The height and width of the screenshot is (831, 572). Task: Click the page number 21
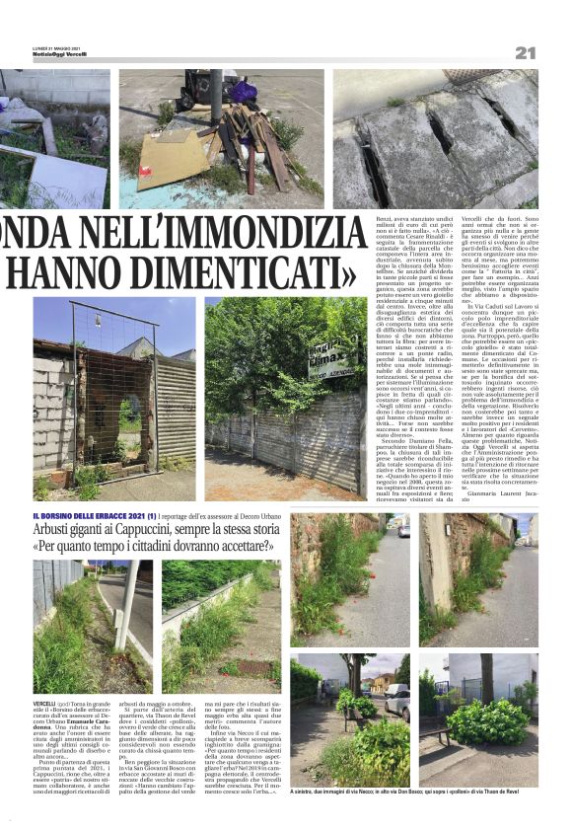coord(524,52)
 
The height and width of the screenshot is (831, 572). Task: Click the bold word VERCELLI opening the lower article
coord(45,702)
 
